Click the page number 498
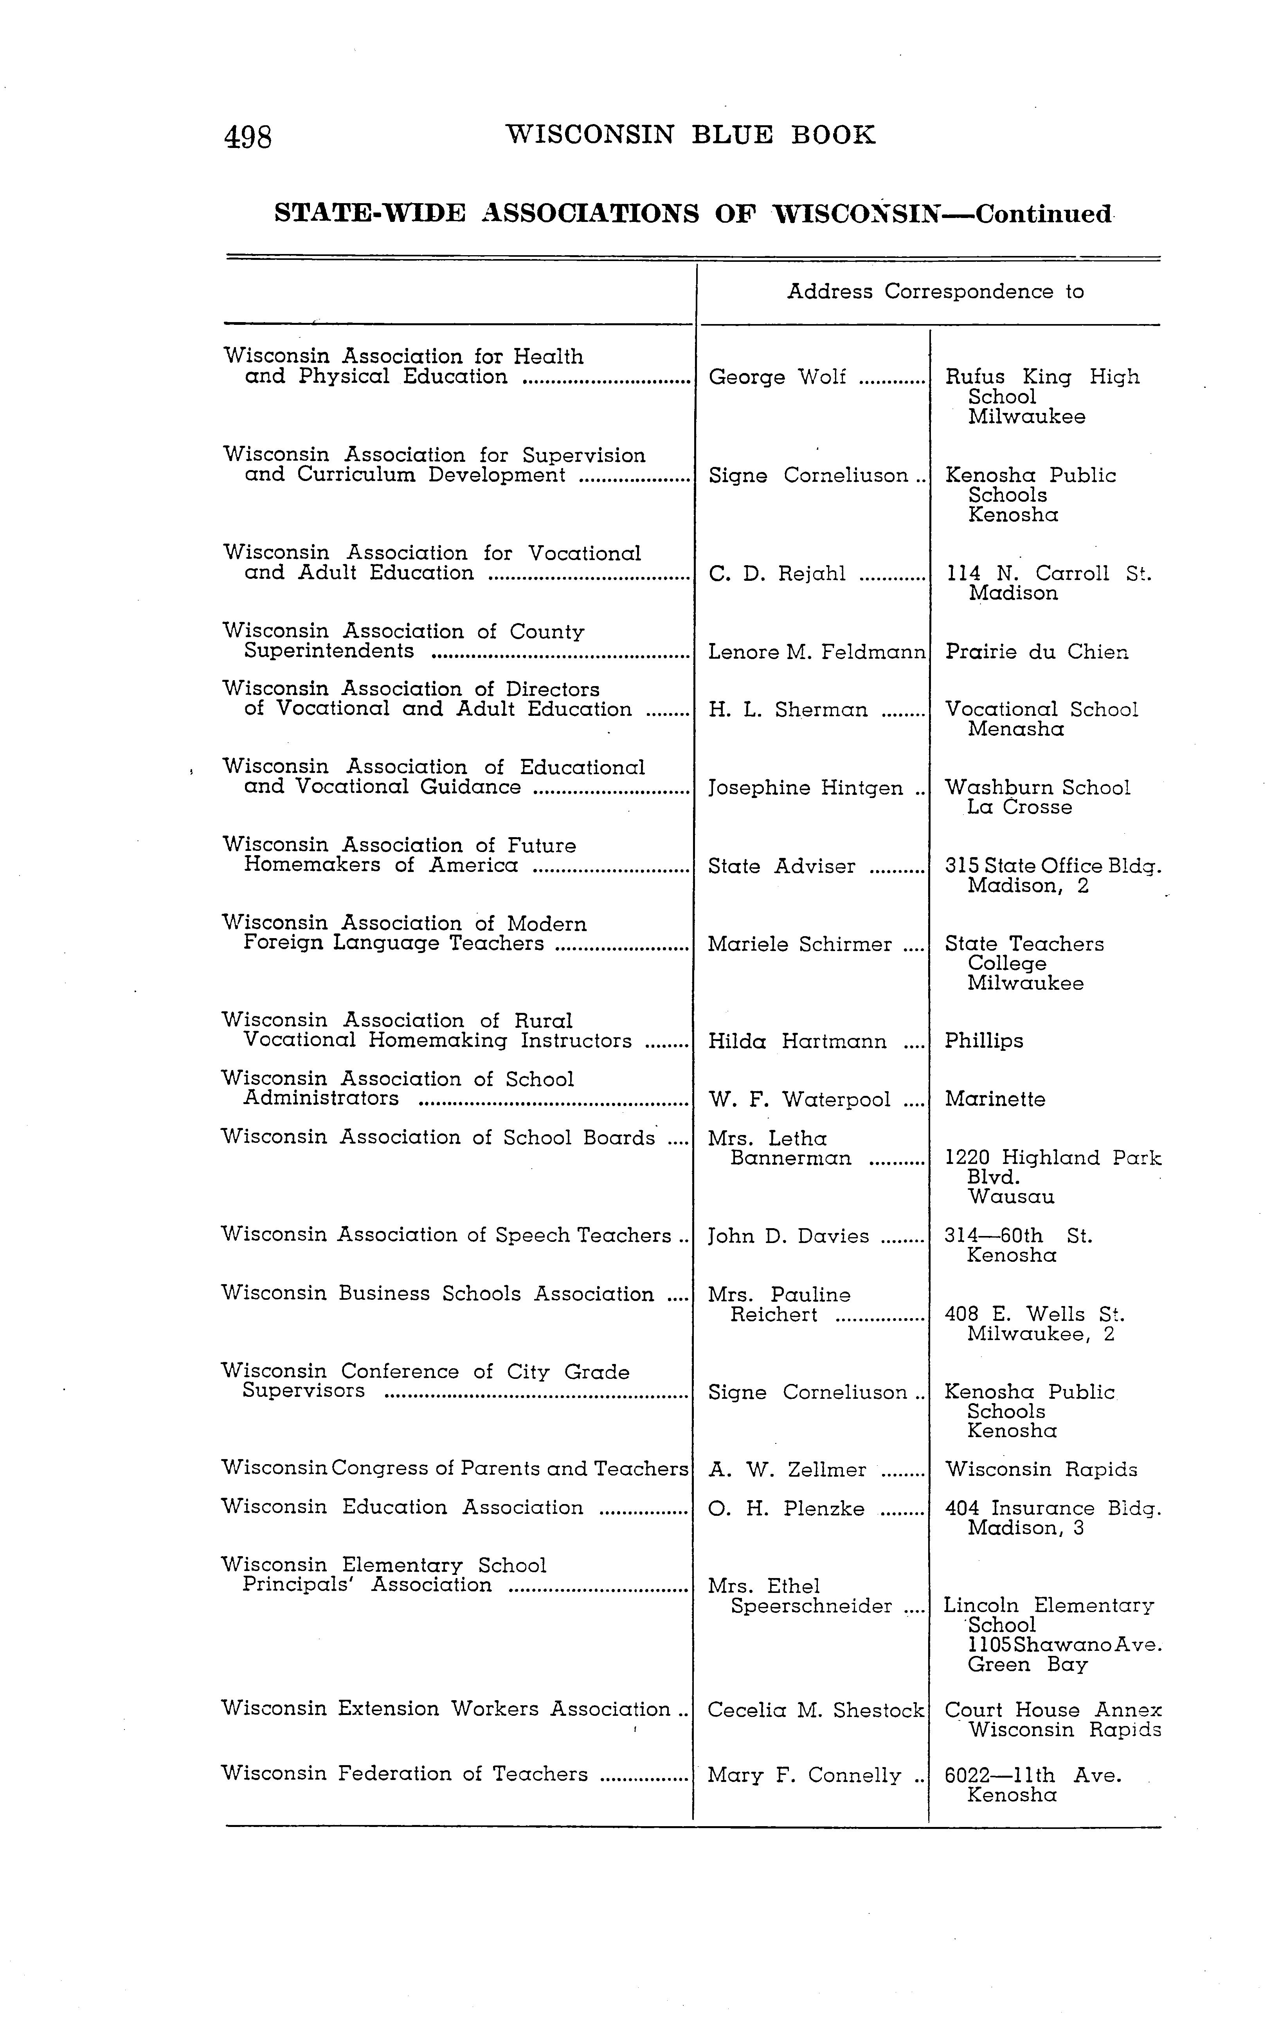[x=248, y=136]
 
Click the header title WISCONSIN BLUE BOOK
[x=690, y=135]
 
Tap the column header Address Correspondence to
[x=935, y=292]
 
